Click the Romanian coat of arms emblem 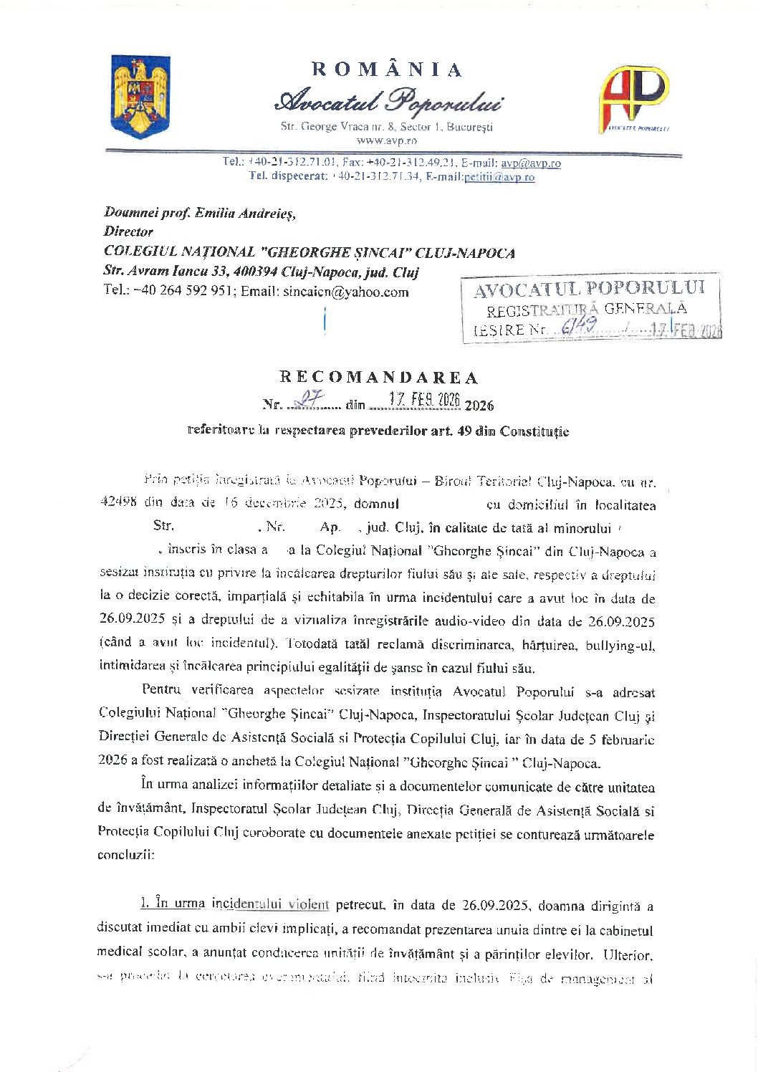(140, 97)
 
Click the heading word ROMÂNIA (387, 70)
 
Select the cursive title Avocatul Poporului (388, 103)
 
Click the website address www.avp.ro (386, 140)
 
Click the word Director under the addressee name (128, 231)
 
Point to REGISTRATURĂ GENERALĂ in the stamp (586, 310)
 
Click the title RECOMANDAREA (378, 378)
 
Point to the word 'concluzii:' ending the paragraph (125, 855)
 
